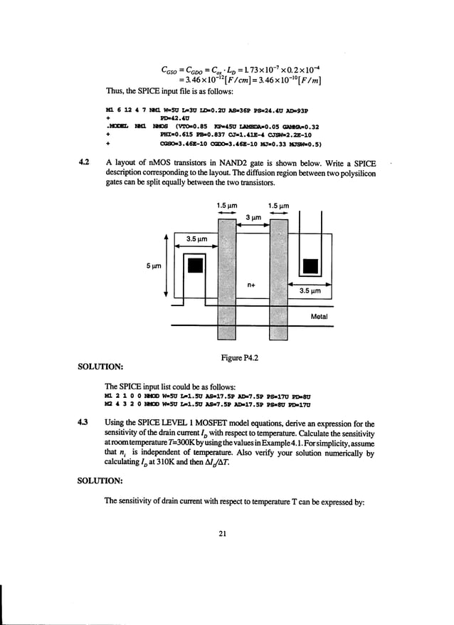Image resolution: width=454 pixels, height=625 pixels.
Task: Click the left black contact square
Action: click(194, 265)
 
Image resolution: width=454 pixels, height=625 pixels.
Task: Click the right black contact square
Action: click(310, 266)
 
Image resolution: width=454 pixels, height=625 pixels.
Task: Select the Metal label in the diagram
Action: click(318, 316)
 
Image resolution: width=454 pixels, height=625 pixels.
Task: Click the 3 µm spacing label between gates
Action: click(252, 218)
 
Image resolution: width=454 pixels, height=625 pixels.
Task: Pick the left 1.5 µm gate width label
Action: click(226, 206)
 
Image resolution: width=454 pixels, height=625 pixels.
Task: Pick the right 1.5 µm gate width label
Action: click(278, 206)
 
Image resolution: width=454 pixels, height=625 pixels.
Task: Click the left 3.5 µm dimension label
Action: click(196, 239)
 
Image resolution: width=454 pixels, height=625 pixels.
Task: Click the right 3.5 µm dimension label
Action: click(310, 291)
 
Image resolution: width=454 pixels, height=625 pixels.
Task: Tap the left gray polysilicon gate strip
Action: click(226, 278)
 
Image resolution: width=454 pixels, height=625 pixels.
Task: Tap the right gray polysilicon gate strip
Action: click(278, 278)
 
